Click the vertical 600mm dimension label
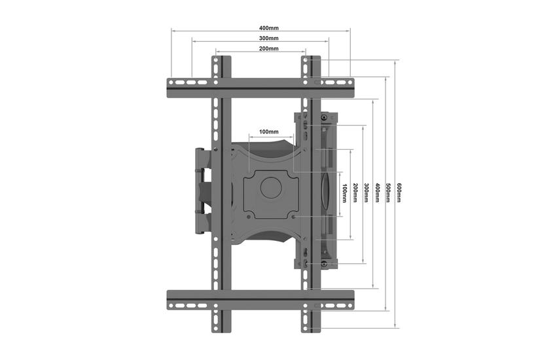399,193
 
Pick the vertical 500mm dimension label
388,193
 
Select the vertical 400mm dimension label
377,193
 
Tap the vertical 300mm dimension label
366,193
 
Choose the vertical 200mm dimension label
355,193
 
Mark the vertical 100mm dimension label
344,193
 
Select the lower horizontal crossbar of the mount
261,300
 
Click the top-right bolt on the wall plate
324,118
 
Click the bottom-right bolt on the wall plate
324,264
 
